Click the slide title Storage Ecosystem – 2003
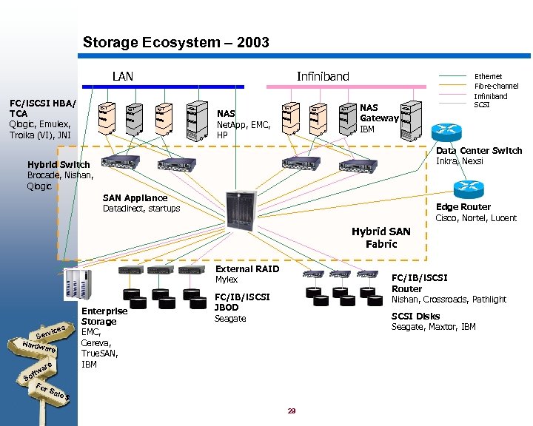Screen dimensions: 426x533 175,43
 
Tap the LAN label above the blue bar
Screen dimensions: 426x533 123,76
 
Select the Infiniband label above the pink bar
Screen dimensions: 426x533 322,76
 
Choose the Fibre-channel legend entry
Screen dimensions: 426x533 495,86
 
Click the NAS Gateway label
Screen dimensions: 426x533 378,112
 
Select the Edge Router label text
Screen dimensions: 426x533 463,207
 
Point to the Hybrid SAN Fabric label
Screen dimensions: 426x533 381,237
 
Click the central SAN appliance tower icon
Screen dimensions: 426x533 240,210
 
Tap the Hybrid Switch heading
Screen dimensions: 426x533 58,164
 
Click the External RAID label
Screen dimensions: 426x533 247,269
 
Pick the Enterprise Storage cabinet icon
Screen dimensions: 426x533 76,285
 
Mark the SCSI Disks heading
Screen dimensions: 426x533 415,316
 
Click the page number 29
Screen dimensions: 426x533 292,410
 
